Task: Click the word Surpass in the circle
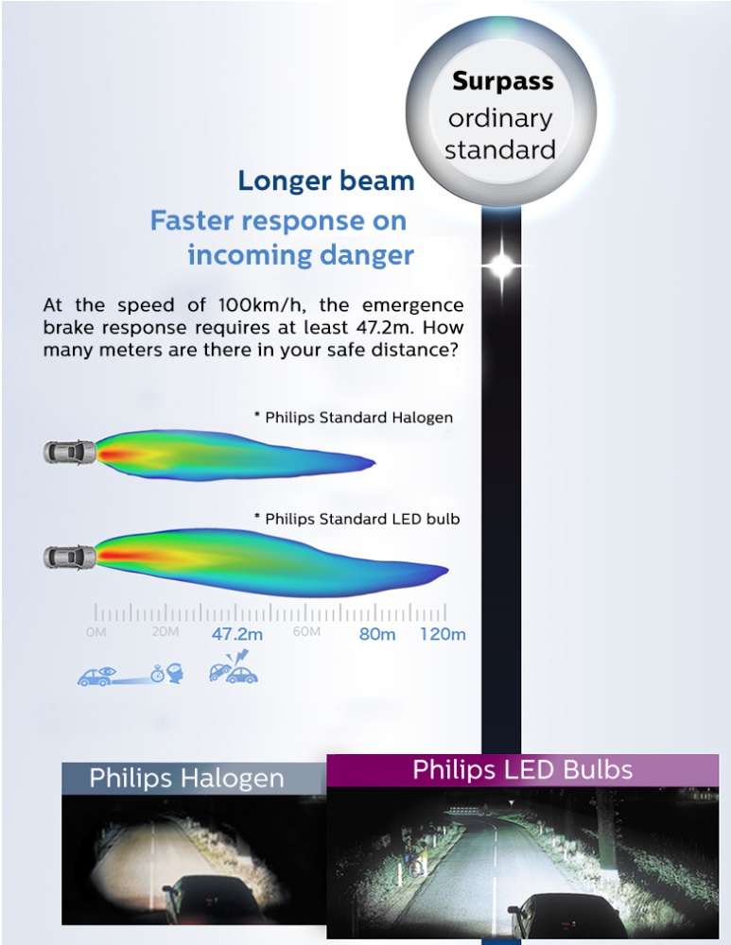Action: [x=502, y=80]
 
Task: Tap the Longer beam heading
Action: [x=326, y=180]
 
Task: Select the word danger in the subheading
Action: [x=367, y=255]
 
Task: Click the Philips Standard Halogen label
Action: [x=354, y=417]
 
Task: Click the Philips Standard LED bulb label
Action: [x=357, y=518]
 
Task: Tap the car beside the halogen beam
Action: [x=70, y=452]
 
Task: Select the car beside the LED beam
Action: [x=70, y=557]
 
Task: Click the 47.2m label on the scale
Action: [x=237, y=634]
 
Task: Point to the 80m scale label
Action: [x=377, y=634]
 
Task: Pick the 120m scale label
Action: [x=444, y=634]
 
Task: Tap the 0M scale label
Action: [x=96, y=632]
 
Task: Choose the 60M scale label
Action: [x=306, y=631]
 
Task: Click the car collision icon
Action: [x=234, y=667]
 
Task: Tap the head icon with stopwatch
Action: [x=169, y=673]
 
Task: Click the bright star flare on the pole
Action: [x=502, y=265]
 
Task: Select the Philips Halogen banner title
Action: [x=186, y=778]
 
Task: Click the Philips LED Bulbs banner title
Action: [x=522, y=769]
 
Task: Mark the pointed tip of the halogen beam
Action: [x=374, y=463]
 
